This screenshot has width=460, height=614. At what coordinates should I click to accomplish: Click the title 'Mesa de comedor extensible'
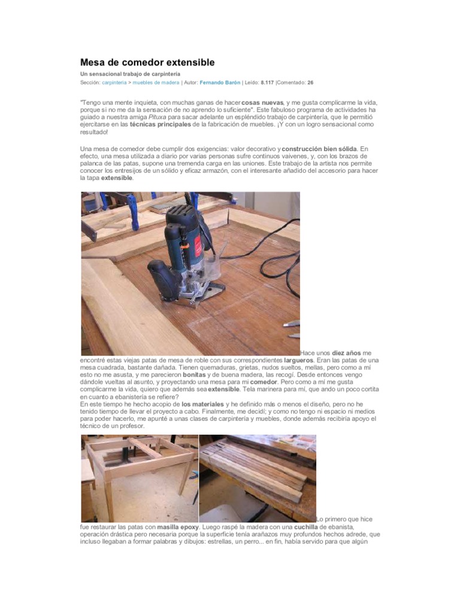point(147,62)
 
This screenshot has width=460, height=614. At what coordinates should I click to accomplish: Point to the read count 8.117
point(268,82)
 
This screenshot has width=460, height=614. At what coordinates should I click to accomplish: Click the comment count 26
point(310,82)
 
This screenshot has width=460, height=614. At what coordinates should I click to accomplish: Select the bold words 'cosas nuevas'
point(262,103)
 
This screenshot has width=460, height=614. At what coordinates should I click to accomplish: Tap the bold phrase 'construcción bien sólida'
point(319,148)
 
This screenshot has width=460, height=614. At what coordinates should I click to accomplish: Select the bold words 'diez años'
point(347,354)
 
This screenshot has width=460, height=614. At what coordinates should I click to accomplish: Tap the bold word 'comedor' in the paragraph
point(264,381)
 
